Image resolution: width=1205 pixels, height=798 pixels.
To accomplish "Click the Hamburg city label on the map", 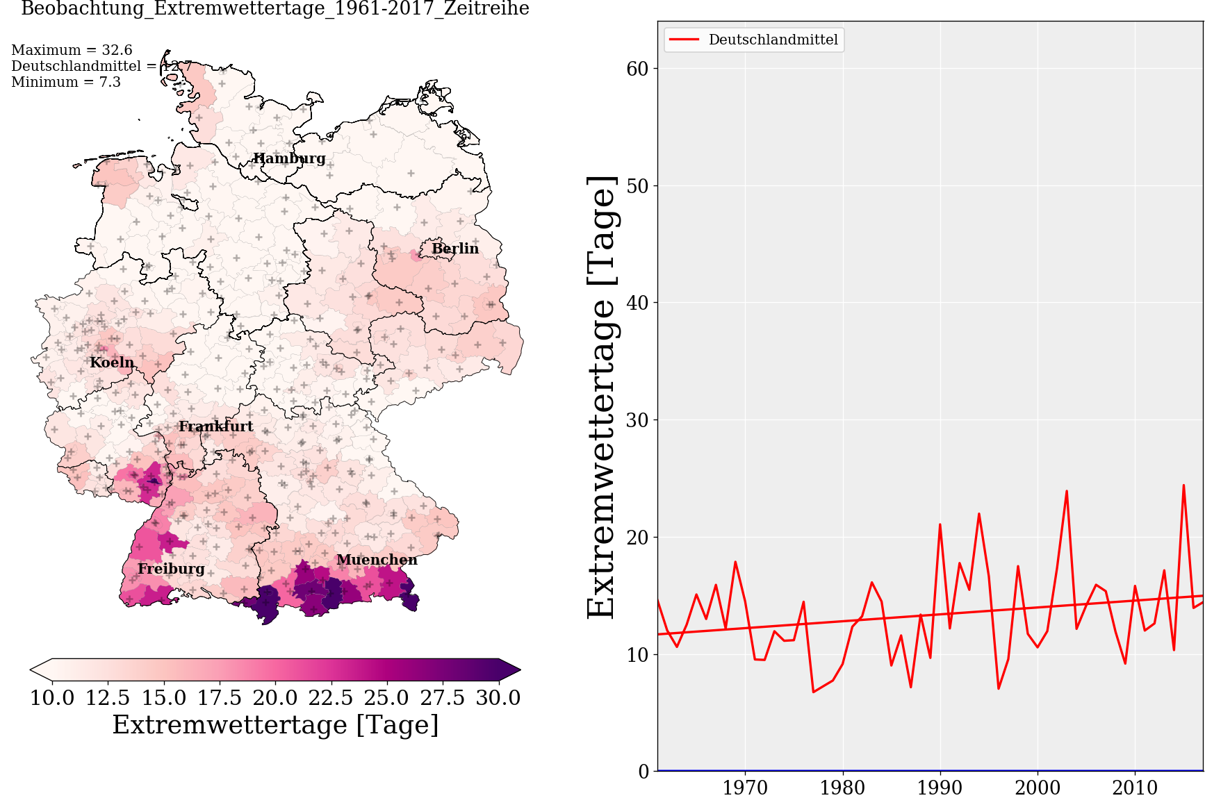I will tap(289, 158).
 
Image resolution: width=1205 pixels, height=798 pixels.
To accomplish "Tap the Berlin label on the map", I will tap(455, 249).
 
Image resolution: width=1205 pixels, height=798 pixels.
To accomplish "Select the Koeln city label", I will tap(112, 363).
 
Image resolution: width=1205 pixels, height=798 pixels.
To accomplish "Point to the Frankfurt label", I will tap(216, 426).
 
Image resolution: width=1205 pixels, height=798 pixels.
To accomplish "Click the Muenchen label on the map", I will tap(377, 560).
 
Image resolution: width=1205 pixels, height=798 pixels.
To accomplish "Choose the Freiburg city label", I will tap(171, 569).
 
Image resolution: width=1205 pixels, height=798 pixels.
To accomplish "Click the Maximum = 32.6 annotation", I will tap(72, 50).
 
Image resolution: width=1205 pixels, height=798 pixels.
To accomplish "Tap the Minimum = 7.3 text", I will tap(66, 82).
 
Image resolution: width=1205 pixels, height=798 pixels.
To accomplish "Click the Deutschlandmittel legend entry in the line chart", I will tap(773, 40).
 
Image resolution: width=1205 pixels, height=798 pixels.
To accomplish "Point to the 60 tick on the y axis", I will tap(637, 69).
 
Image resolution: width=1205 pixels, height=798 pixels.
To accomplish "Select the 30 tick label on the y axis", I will tap(637, 420).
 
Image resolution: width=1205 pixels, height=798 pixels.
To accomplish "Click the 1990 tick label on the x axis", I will tap(940, 788).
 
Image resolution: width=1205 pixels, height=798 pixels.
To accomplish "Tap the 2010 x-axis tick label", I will tap(1135, 788).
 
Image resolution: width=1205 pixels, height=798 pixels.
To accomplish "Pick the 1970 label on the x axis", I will tap(745, 788).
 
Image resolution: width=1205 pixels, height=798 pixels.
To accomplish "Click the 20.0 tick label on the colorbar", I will tap(275, 697).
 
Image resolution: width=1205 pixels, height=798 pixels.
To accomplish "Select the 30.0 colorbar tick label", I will tap(498, 697).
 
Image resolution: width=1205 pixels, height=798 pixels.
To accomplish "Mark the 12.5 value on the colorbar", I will tap(108, 697).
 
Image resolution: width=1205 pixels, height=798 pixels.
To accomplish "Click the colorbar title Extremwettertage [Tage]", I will tap(275, 725).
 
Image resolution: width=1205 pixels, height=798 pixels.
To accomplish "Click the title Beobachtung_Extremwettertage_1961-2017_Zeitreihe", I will tap(275, 9).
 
